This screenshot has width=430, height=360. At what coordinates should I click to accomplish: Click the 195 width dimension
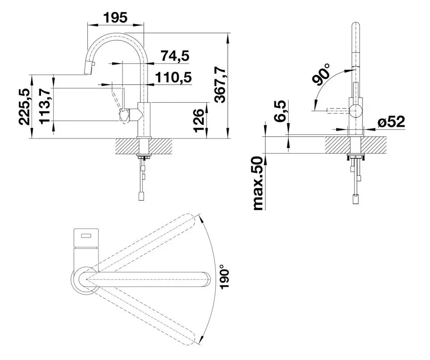click(115, 17)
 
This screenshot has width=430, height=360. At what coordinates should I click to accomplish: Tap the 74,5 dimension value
click(175, 56)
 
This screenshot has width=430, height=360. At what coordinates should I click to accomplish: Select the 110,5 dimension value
click(174, 78)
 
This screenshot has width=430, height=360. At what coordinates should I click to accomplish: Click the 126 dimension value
click(199, 120)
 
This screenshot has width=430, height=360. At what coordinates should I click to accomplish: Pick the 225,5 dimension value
click(25, 107)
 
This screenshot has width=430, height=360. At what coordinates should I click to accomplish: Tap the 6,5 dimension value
click(280, 111)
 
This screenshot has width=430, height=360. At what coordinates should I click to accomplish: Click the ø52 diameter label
click(391, 122)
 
